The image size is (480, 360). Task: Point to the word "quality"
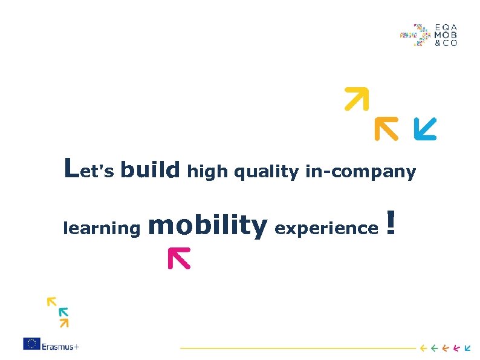pyautogui.click(x=266, y=173)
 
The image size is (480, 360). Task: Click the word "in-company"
pyautogui.click(x=360, y=172)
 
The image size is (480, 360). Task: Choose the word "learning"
pyautogui.click(x=102, y=229)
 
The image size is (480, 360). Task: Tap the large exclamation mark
pyautogui.click(x=391, y=223)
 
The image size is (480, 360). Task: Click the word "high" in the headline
pyautogui.click(x=207, y=172)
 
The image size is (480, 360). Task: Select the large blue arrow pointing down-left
pyautogui.click(x=424, y=128)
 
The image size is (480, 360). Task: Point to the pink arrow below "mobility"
pyautogui.click(x=178, y=257)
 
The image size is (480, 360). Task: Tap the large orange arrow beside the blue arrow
pyautogui.click(x=385, y=128)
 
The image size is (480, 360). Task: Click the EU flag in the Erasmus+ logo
pyautogui.click(x=31, y=344)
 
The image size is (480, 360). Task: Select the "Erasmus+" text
pyautogui.click(x=60, y=346)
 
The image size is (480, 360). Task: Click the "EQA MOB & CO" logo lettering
pyautogui.click(x=446, y=35)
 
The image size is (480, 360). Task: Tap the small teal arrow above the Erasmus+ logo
pyautogui.click(x=63, y=312)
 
